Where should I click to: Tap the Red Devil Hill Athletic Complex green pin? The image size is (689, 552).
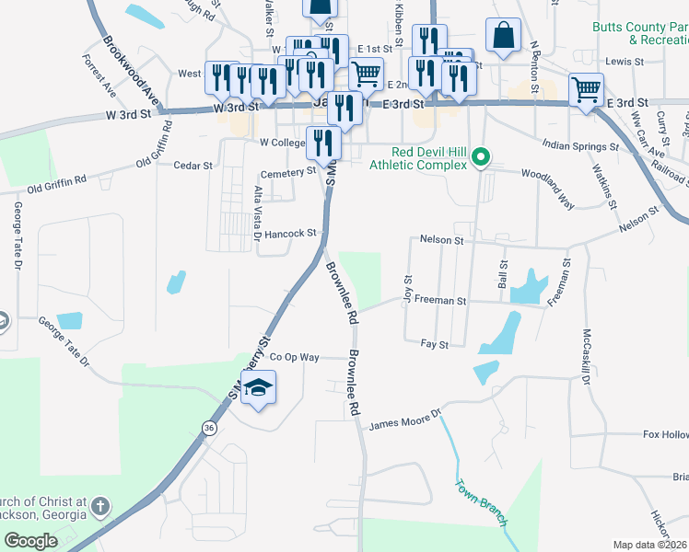pos(479,159)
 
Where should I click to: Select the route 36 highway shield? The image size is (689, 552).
pos(210,428)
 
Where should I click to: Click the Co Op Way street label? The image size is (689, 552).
pos(294,357)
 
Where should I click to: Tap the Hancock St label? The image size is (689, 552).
pos(290,234)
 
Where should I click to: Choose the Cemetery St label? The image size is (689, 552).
pos(288,172)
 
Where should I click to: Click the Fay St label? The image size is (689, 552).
pos(434,344)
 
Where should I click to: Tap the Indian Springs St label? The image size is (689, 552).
pos(579,145)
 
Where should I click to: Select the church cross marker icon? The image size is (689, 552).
pos(100,507)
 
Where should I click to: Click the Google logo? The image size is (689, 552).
pos(30,541)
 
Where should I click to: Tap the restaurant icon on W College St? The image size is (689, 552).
pos(323,142)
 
